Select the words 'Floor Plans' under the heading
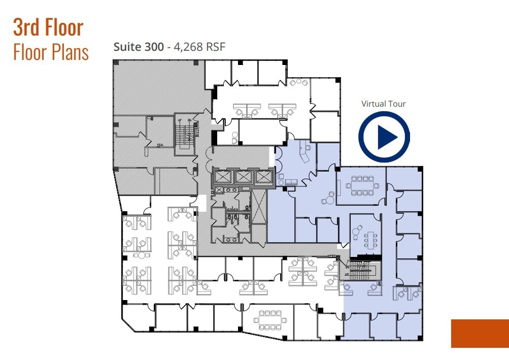pos(51,52)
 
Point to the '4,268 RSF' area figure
pos(198,47)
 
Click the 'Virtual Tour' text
pos(383,104)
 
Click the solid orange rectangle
pos(480,334)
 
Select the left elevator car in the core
pos(223,177)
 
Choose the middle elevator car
pos(243,177)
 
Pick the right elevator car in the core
pos(263,177)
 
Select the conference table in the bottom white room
pos(269,320)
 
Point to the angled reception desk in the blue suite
pos(306,152)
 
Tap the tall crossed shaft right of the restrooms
pos(258,207)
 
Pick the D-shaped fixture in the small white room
pos(234,137)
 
